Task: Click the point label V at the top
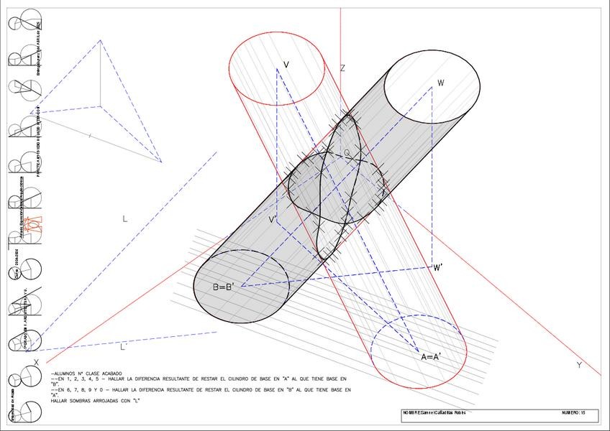click(x=286, y=65)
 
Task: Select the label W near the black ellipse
click(x=440, y=83)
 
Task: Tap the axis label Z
click(x=342, y=68)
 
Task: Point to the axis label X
click(x=36, y=362)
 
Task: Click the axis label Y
click(x=579, y=365)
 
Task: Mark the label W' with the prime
click(x=438, y=268)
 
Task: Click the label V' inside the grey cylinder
click(x=273, y=219)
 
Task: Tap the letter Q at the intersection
click(x=347, y=153)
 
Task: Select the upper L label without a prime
click(x=124, y=219)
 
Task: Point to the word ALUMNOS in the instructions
click(x=64, y=374)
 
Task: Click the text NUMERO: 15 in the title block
click(x=573, y=413)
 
